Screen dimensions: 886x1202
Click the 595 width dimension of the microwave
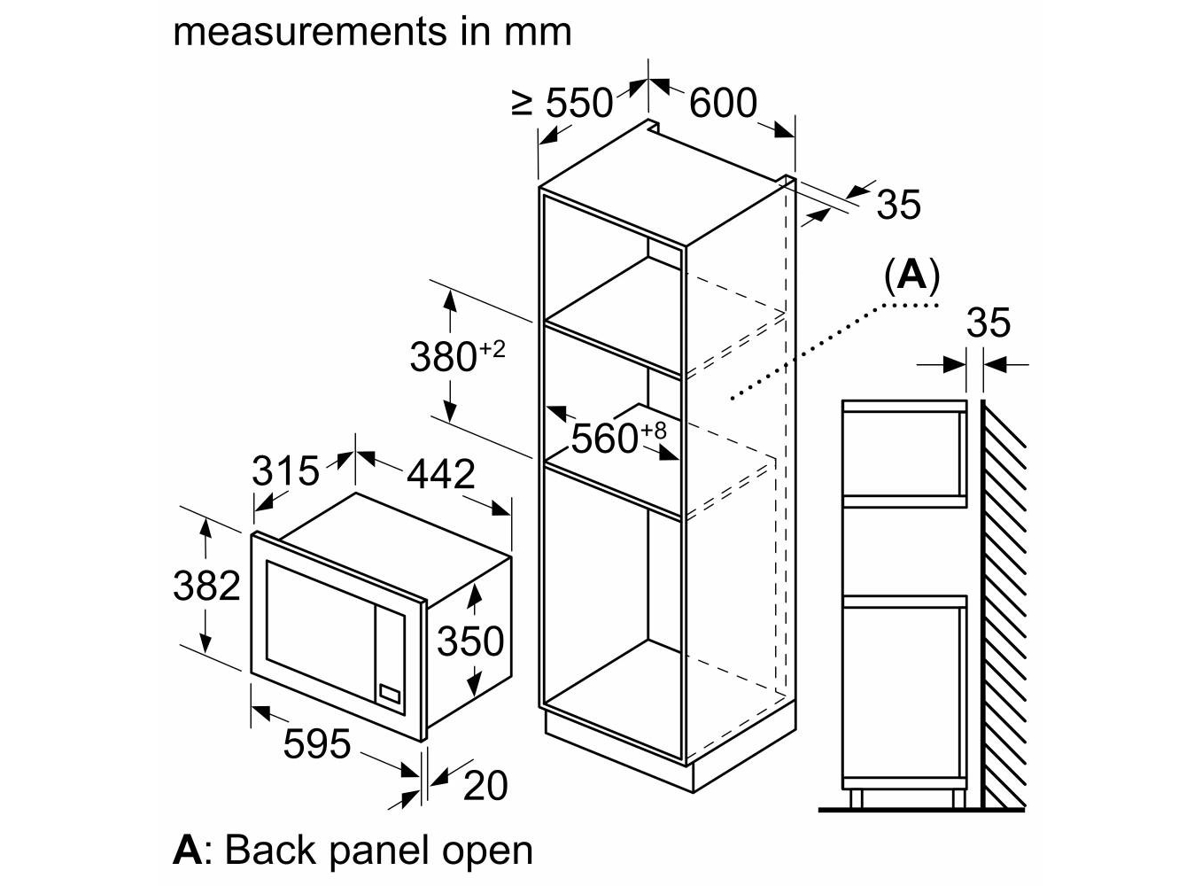tap(317, 743)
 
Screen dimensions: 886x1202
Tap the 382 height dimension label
tap(206, 586)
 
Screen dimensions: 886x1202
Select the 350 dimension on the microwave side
tap(470, 641)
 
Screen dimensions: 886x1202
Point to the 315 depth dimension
tap(284, 470)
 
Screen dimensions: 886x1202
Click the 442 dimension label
tap(440, 475)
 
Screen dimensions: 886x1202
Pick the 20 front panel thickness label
tap(485, 785)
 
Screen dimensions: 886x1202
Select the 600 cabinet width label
tap(723, 104)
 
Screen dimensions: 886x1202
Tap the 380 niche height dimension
tap(443, 357)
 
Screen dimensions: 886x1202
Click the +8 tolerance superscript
tap(653, 430)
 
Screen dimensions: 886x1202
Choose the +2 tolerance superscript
tap(492, 348)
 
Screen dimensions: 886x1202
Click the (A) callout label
tap(911, 276)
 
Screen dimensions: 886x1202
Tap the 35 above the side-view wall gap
tap(988, 323)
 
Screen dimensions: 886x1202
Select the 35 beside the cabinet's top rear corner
tap(898, 205)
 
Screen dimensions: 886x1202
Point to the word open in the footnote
tap(487, 850)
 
